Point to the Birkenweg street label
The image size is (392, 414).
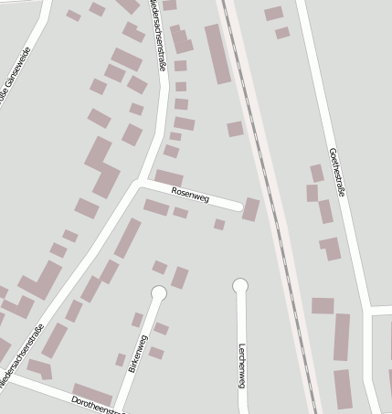click(x=138, y=354)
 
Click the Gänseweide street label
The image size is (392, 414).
click(x=11, y=91)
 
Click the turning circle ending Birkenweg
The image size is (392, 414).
click(x=158, y=293)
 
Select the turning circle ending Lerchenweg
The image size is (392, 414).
click(x=240, y=286)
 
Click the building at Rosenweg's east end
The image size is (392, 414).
click(x=250, y=209)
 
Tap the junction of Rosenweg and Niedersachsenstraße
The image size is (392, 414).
click(x=140, y=183)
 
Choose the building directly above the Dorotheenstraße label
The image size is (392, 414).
click(x=91, y=394)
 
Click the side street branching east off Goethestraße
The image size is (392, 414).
click(x=382, y=312)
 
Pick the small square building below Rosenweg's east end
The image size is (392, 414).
click(x=219, y=224)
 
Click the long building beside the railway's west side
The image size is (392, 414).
click(x=217, y=54)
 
